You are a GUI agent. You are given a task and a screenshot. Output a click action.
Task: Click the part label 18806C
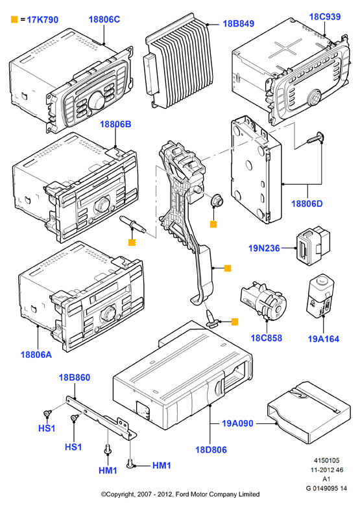[x=104, y=19]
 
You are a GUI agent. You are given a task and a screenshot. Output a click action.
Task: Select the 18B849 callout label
[x=239, y=23]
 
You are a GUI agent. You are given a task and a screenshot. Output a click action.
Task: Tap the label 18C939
[x=325, y=17]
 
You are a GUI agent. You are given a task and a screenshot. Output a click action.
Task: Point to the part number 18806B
[x=115, y=124]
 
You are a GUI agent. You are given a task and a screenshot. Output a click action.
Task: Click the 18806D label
[x=307, y=204]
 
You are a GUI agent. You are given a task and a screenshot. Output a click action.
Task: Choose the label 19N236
[x=264, y=248]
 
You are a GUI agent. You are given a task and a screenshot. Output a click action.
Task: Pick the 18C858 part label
[x=267, y=338]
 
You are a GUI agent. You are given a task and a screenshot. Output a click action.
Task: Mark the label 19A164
[x=324, y=339]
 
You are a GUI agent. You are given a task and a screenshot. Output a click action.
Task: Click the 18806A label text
[x=36, y=355]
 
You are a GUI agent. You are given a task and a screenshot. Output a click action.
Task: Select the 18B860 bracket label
[x=75, y=377]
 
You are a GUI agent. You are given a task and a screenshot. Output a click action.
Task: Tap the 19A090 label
[x=237, y=423]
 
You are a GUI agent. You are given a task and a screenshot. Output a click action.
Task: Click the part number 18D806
[x=211, y=450]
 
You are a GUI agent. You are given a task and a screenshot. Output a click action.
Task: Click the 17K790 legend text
[x=42, y=19]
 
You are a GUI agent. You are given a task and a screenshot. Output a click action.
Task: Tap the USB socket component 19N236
[x=313, y=245]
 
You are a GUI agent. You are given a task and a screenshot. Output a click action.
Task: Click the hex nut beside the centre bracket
[x=217, y=202]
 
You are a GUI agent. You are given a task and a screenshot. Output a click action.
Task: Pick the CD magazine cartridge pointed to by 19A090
[x=309, y=412]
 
